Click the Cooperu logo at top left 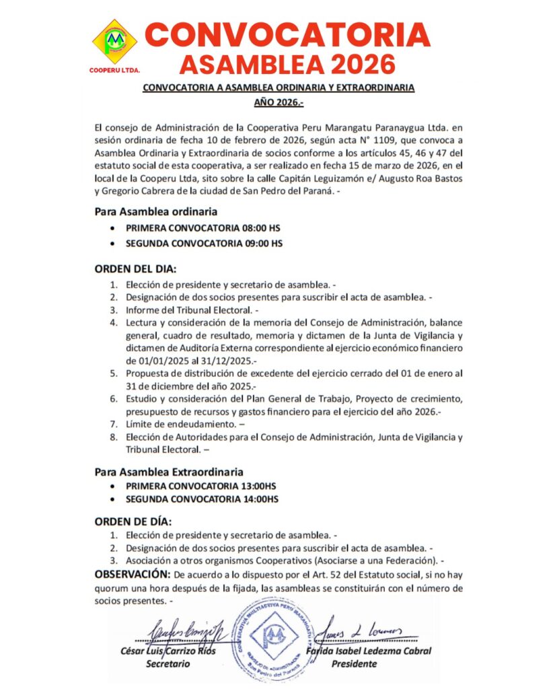tap(115, 41)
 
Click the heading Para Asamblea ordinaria tap(156, 212)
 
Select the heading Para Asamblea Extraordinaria tap(169, 472)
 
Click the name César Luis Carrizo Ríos tap(168, 651)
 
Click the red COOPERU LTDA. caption tap(114, 69)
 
